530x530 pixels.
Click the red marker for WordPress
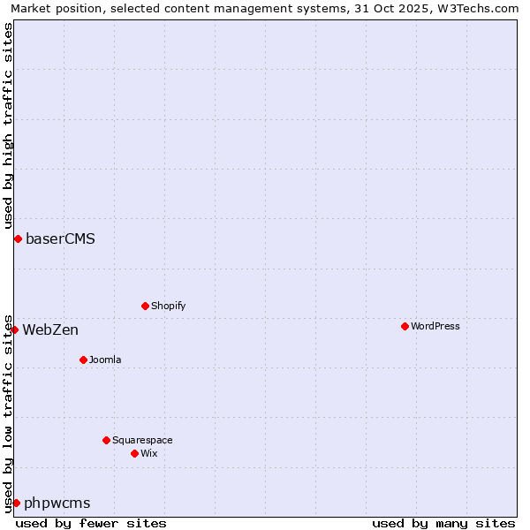pyautogui.click(x=405, y=326)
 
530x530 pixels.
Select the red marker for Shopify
pyautogui.click(x=145, y=306)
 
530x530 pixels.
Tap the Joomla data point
pyautogui.click(x=83, y=360)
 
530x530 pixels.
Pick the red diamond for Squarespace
pyautogui.click(x=106, y=440)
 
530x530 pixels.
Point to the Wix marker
pyautogui.click(x=134, y=453)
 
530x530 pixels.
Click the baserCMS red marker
pyautogui.click(x=18, y=238)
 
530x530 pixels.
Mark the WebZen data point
pyautogui.click(x=14, y=329)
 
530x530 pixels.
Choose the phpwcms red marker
pyautogui.click(x=16, y=503)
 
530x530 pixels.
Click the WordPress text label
pyautogui.click(x=435, y=326)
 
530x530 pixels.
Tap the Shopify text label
pyautogui.click(x=168, y=306)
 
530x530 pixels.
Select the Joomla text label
pyautogui.click(x=105, y=360)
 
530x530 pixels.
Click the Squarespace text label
pyautogui.click(x=142, y=440)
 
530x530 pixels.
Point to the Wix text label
pyautogui.click(x=148, y=453)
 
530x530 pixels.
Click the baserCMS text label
pyautogui.click(x=60, y=238)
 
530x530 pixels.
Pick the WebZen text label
pyautogui.click(x=50, y=330)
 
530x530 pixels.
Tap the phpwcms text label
pyautogui.click(x=57, y=503)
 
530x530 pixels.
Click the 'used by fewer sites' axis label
pyautogui.click(x=91, y=523)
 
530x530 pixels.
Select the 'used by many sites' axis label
pyautogui.click(x=443, y=523)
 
